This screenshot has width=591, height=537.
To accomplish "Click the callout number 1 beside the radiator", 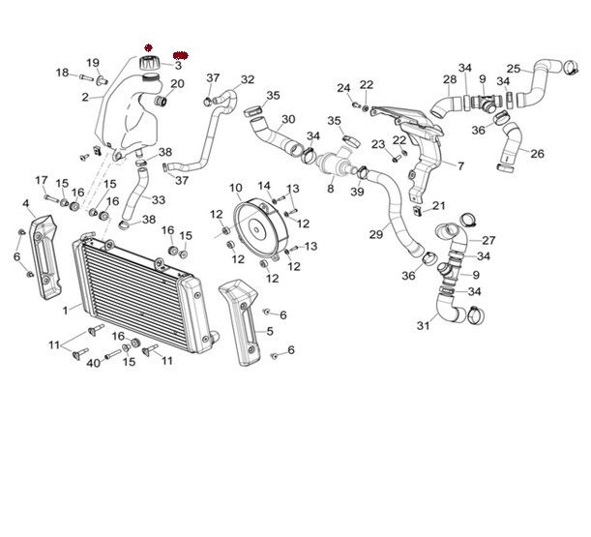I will [x=65, y=310].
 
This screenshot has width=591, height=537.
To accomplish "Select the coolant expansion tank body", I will [x=126, y=111].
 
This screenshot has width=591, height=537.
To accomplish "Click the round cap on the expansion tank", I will [x=149, y=62].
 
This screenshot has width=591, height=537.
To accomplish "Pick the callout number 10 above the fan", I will [x=235, y=187].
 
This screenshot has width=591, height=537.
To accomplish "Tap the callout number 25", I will [x=514, y=69].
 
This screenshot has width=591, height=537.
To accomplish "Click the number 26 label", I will [x=537, y=153].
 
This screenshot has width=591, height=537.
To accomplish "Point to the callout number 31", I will [x=423, y=325].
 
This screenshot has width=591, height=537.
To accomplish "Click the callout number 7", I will [x=459, y=166].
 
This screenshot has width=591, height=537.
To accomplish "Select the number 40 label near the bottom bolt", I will [x=93, y=363].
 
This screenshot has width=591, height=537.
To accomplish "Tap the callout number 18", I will [x=62, y=73].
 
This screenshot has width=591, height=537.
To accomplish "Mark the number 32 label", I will [x=248, y=79].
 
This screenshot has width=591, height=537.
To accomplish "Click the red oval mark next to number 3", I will [x=181, y=55].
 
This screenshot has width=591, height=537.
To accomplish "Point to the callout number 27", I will [x=488, y=240].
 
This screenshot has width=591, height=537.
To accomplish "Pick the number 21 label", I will [x=439, y=206].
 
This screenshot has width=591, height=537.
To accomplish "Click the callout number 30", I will [x=288, y=120].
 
